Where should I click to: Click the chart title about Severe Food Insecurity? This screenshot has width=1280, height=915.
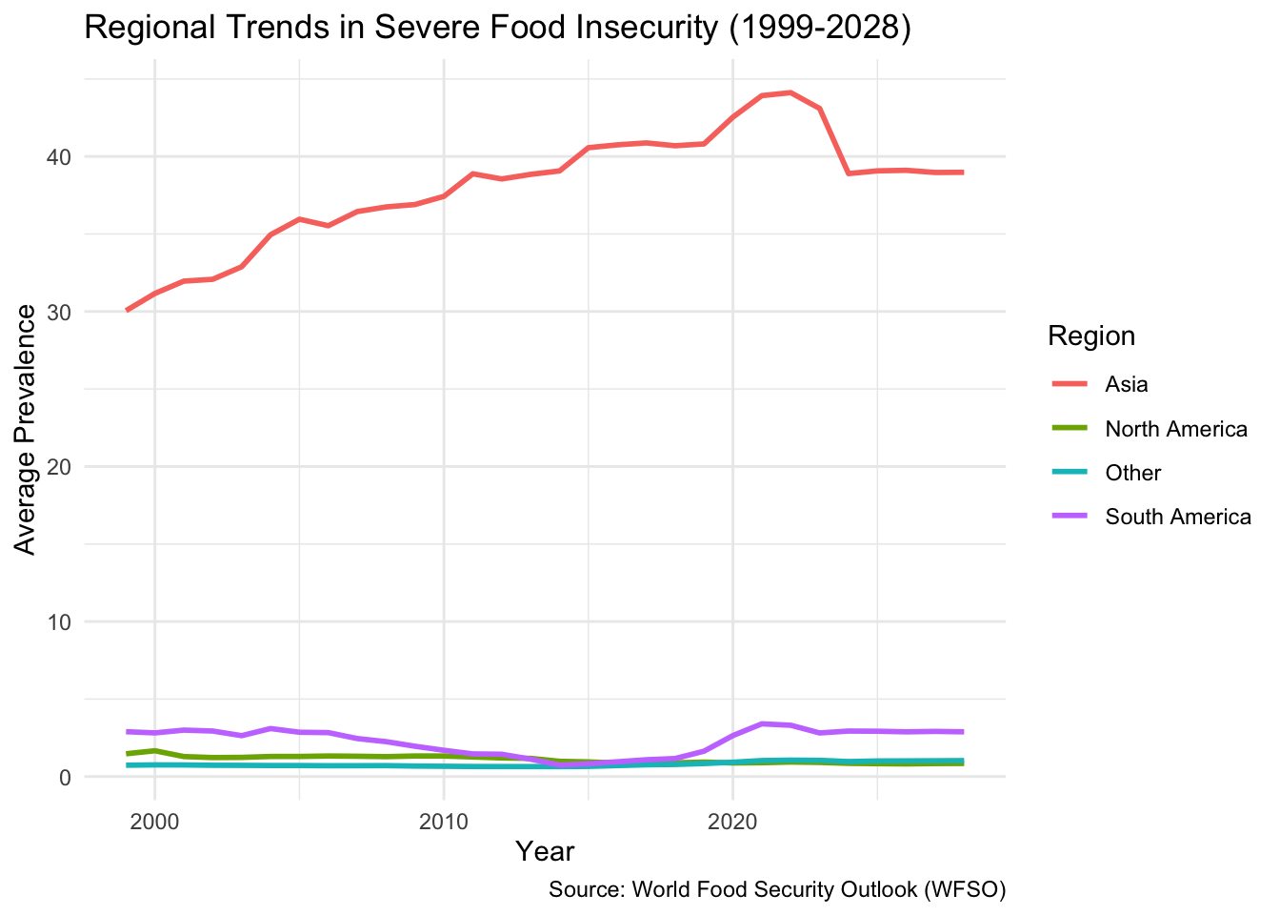pos(498,28)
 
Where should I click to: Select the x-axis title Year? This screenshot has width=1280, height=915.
pos(545,850)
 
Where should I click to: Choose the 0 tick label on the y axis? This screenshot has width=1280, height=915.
pos(66,777)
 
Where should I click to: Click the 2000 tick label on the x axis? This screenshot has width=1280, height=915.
pos(155,822)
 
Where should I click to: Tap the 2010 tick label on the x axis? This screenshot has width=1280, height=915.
pos(444,822)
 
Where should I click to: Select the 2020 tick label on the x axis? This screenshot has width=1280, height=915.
pos(732,822)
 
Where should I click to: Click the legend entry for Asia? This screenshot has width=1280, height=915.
pos(1127,384)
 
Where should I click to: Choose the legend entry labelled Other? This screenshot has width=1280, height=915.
pos(1133,473)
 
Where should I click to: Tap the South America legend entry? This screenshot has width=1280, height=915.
pos(1178,517)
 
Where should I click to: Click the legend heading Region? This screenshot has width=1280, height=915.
pos(1091,335)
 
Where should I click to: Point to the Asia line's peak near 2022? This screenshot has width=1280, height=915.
pos(790,92)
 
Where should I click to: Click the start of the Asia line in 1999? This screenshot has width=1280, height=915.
pos(127,310)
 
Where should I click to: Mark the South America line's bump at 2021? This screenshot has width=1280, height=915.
pos(761,723)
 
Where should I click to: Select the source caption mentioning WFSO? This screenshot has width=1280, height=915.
pos(777,889)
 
